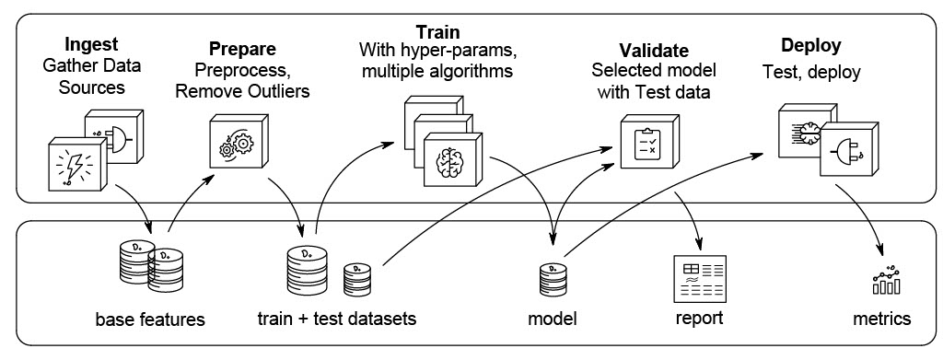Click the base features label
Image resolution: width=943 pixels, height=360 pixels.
tap(150, 319)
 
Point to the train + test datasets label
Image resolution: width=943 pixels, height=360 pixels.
tap(337, 319)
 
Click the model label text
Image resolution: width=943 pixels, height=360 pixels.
tap(552, 319)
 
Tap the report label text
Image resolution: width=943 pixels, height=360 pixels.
tap(699, 319)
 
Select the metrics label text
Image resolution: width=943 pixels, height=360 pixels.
tap(881, 319)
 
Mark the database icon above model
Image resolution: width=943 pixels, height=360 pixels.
tap(553, 278)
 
